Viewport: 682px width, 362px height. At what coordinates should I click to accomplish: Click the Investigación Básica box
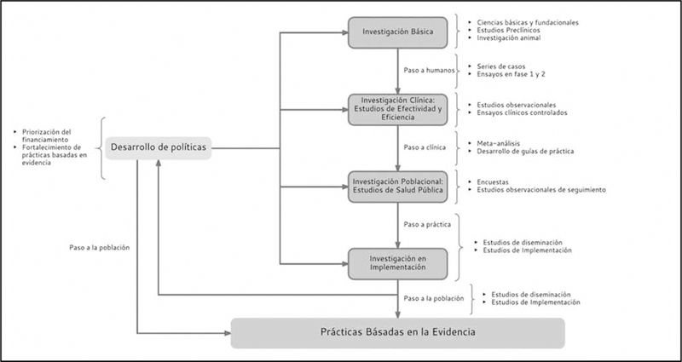[398, 33]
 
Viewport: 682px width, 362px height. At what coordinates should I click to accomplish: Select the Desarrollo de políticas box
[158, 148]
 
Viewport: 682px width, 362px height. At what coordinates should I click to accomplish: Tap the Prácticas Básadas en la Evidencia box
[397, 332]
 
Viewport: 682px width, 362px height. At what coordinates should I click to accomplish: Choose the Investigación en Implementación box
[398, 261]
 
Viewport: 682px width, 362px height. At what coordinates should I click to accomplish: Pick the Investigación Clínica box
[398, 109]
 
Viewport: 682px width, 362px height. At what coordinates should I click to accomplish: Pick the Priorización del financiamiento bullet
[49, 136]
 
